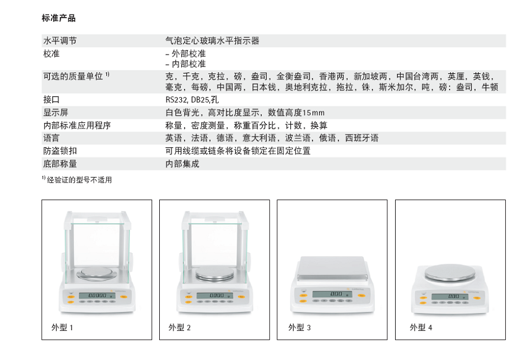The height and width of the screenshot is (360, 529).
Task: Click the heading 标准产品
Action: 59,18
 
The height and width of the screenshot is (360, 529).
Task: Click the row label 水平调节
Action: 60,41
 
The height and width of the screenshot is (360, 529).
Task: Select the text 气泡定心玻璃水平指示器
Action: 212,41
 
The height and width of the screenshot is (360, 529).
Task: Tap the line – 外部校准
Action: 186,53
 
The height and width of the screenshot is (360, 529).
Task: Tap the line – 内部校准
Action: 186,64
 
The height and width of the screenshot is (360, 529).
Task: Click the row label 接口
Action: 52,100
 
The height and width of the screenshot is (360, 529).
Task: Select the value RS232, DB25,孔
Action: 192,100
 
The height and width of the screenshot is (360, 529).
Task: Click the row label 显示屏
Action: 56,112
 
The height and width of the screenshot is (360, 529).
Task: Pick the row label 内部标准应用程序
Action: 77,126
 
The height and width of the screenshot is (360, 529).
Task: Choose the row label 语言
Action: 51,138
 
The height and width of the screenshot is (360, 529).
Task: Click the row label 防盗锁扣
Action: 60,151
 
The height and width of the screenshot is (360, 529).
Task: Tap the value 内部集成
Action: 182,164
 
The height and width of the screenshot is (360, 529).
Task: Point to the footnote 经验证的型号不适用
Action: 79,180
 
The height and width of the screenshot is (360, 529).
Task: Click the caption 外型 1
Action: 62,327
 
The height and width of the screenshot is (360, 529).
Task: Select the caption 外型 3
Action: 299,327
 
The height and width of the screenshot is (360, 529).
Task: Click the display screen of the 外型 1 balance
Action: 97,295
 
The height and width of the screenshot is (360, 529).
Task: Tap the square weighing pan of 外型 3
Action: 332,268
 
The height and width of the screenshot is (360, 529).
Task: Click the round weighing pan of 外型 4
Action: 450,273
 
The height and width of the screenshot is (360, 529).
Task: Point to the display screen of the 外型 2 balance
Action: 215,295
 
